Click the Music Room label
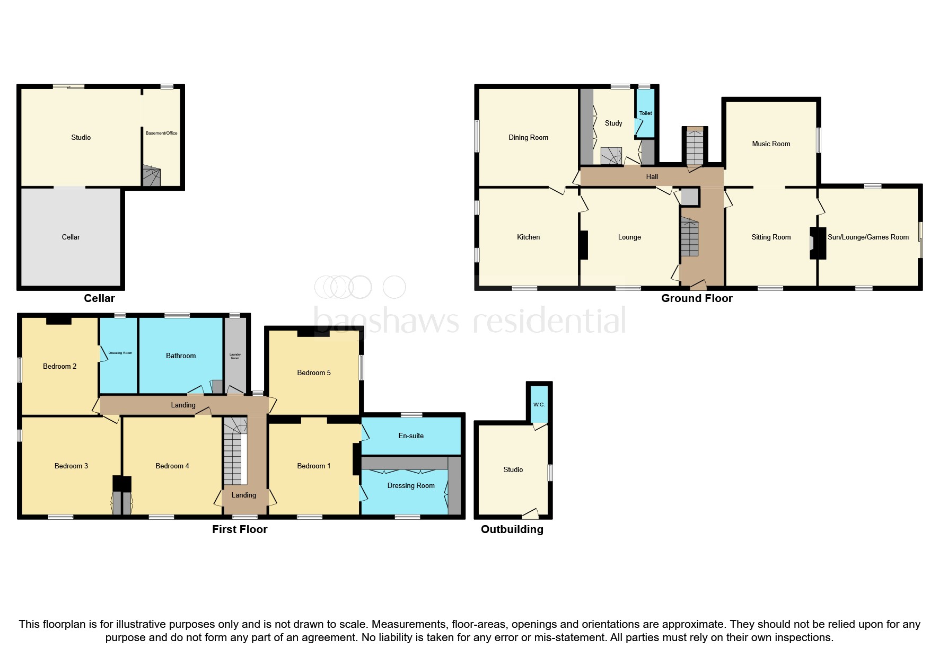pyautogui.click(x=770, y=144)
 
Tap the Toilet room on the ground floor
pyautogui.click(x=645, y=113)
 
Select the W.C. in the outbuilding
pyautogui.click(x=539, y=405)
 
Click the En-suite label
pyautogui.click(x=411, y=436)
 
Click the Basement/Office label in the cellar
pyautogui.click(x=162, y=133)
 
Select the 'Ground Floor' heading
pyautogui.click(x=696, y=298)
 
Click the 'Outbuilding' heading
pyautogui.click(x=512, y=529)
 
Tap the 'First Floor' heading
pyautogui.click(x=240, y=529)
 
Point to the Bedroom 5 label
pyautogui.click(x=314, y=372)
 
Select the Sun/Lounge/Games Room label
pyautogui.click(x=868, y=237)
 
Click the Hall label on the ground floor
pyautogui.click(x=652, y=176)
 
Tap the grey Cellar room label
pyautogui.click(x=71, y=237)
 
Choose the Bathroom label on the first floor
pyautogui.click(x=181, y=356)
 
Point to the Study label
pyautogui.click(x=613, y=123)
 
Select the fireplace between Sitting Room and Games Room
pyautogui.click(x=817, y=243)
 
